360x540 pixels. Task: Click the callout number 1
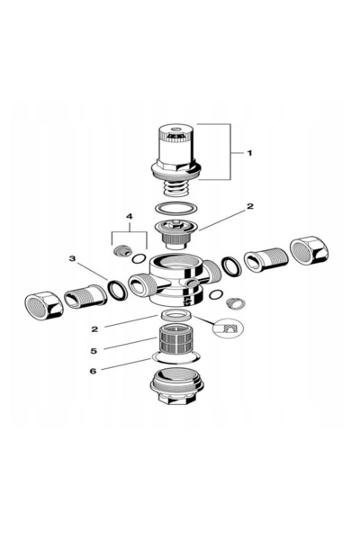tap(250, 153)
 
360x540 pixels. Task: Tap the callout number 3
tap(72, 258)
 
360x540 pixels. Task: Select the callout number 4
tap(130, 216)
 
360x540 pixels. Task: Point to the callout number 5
tap(94, 351)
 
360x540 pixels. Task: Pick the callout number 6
tap(93, 371)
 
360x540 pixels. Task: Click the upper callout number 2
tap(250, 206)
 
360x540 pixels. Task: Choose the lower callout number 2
tap(94, 329)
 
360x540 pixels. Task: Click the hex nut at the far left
tap(44, 304)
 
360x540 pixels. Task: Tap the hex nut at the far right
tap(309, 250)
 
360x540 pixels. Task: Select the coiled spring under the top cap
tap(175, 189)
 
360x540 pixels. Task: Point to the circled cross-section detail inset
tap(229, 328)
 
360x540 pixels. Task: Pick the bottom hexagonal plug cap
tap(177, 385)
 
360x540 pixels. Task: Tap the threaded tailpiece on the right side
tap(265, 260)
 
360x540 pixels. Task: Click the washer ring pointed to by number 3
tap(118, 290)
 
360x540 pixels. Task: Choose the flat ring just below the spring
tap(176, 209)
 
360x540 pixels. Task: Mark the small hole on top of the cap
tap(177, 130)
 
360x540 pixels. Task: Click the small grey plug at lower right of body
tap(236, 303)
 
